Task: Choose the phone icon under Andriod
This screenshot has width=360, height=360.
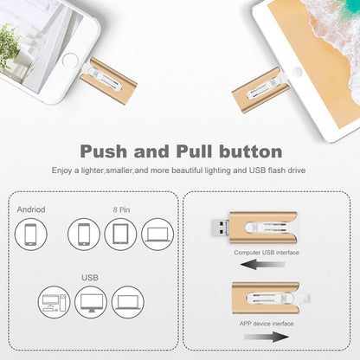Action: point(31,235)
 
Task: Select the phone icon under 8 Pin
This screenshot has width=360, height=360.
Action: point(85,235)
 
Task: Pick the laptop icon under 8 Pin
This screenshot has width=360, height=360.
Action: point(157,235)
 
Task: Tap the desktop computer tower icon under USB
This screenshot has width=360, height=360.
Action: point(55,302)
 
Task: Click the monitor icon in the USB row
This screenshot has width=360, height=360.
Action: point(91,302)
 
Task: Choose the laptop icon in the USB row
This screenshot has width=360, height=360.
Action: point(128,302)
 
